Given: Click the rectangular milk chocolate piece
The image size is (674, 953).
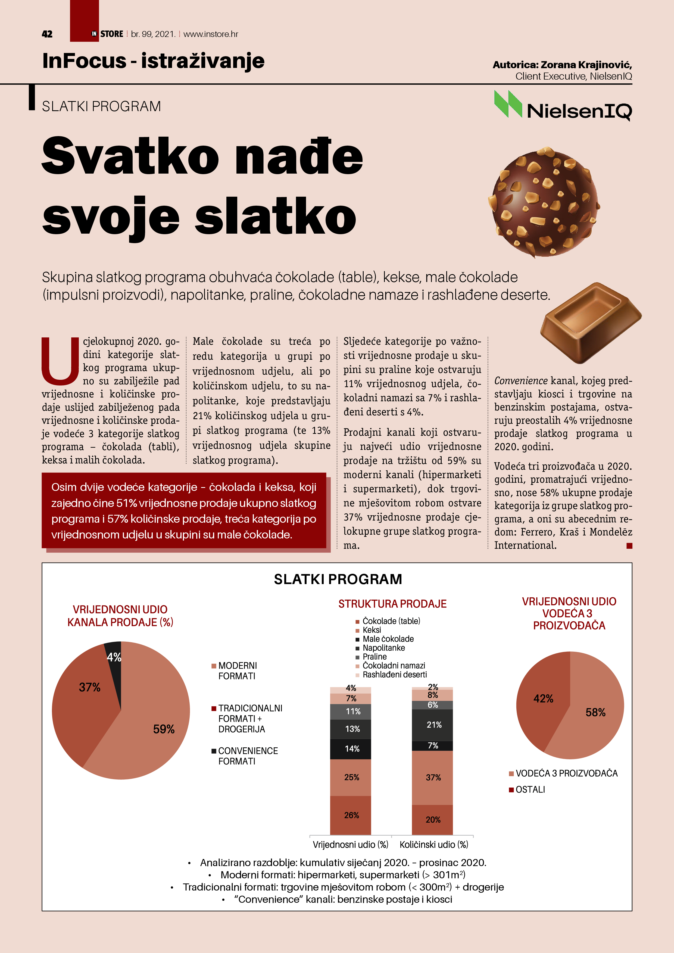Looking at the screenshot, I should click(590, 321).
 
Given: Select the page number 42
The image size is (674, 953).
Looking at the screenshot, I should click(47, 34).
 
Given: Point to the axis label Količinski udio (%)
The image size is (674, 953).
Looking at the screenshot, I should click(433, 845).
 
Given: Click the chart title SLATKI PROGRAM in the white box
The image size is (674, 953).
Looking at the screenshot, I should click(338, 579).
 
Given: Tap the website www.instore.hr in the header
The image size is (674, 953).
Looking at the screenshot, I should click(211, 34).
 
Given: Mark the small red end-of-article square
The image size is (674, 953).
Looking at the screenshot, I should click(629, 546).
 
